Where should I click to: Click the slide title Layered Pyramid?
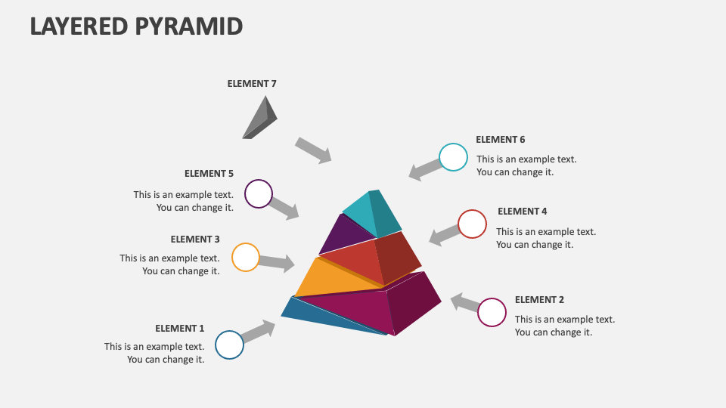[136, 26]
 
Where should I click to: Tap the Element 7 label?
[252, 84]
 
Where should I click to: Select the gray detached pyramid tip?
[260, 119]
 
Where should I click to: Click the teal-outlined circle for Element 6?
[453, 157]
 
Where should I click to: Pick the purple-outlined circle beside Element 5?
[259, 194]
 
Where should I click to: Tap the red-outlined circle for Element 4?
[472, 224]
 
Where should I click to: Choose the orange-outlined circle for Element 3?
[246, 258]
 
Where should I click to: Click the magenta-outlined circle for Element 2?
[492, 312]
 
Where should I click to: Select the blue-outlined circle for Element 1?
[229, 345]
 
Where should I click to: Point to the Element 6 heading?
[500, 140]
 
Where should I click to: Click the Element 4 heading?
[522, 212]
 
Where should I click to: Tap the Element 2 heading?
[539, 300]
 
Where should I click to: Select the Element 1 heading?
[180, 329]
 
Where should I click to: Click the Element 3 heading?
[195, 240]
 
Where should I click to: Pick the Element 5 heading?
[209, 174]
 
